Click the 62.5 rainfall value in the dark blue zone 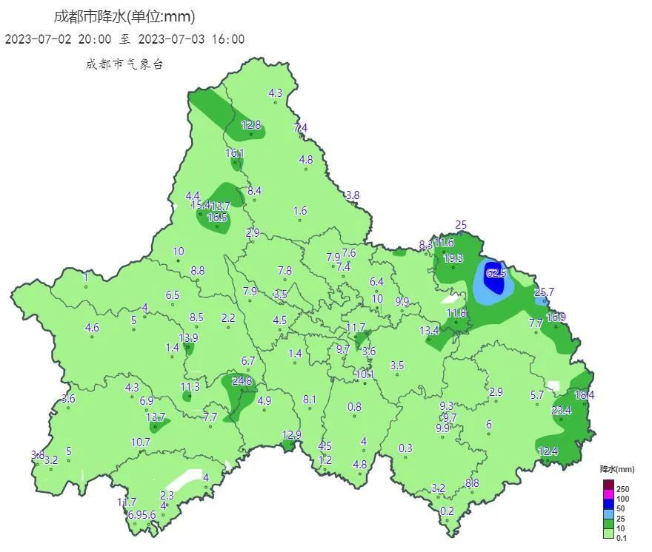pyautogui.click(x=496, y=273)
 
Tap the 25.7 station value pyautogui.click(x=544, y=292)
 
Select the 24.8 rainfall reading pyautogui.click(x=242, y=381)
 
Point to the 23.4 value pyautogui.click(x=561, y=411)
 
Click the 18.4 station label pyautogui.click(x=585, y=395)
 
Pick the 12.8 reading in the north pyautogui.click(x=251, y=125)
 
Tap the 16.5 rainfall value pyautogui.click(x=217, y=218)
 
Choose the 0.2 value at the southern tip pyautogui.click(x=447, y=511)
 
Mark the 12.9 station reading pyautogui.click(x=292, y=434)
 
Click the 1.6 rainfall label pyautogui.click(x=299, y=211)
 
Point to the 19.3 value pyautogui.click(x=453, y=258)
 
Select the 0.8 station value pyautogui.click(x=354, y=406)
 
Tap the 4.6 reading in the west pyautogui.click(x=93, y=327)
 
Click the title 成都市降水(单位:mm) pyautogui.click(x=124, y=16)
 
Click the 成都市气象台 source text pyautogui.click(x=124, y=64)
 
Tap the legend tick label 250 pyautogui.click(x=622, y=489)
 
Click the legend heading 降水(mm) pyautogui.click(x=616, y=469)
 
